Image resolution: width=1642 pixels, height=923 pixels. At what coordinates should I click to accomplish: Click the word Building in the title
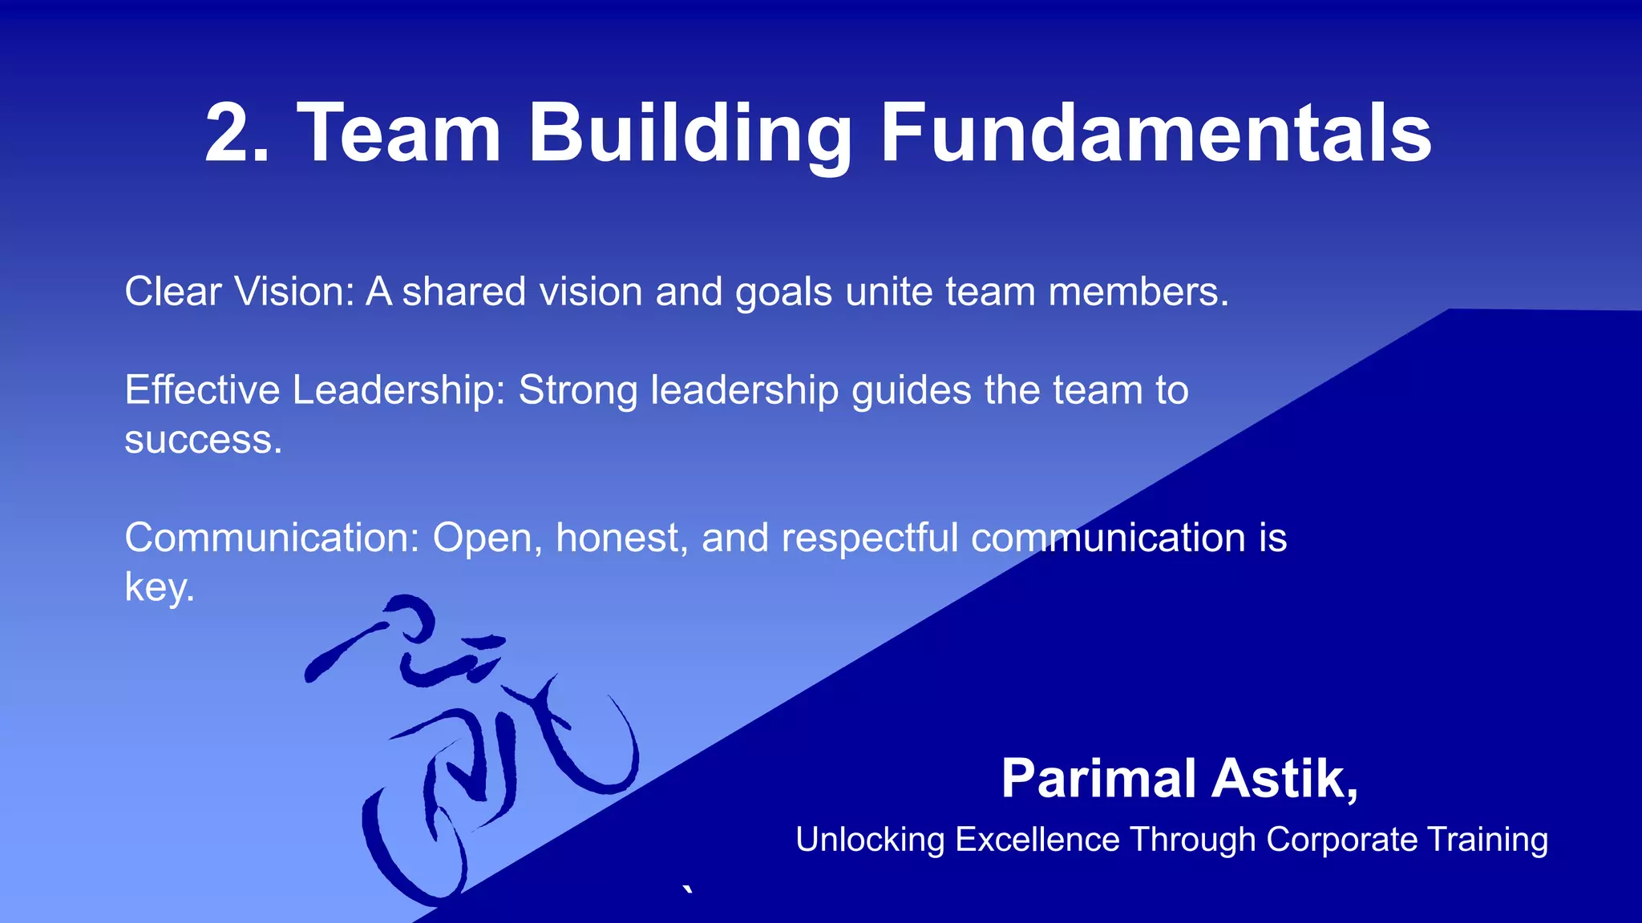coord(690,133)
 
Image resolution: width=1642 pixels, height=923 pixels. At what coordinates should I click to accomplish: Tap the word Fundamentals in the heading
coord(1155,133)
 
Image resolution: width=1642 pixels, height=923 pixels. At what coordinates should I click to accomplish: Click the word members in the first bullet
coord(1137,292)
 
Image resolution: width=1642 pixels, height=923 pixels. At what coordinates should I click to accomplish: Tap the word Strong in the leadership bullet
coord(578,392)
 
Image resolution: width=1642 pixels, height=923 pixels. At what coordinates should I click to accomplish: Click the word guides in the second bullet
coord(912,392)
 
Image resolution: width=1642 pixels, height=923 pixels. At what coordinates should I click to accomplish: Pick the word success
coord(202,441)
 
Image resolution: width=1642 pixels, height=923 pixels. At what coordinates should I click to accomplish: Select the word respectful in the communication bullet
coord(870,538)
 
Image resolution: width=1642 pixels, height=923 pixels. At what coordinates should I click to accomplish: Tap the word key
coord(158,588)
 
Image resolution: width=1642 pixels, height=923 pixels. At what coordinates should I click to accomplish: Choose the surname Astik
coord(1283,779)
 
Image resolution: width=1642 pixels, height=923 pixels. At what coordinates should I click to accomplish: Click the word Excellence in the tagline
coord(1037,840)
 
